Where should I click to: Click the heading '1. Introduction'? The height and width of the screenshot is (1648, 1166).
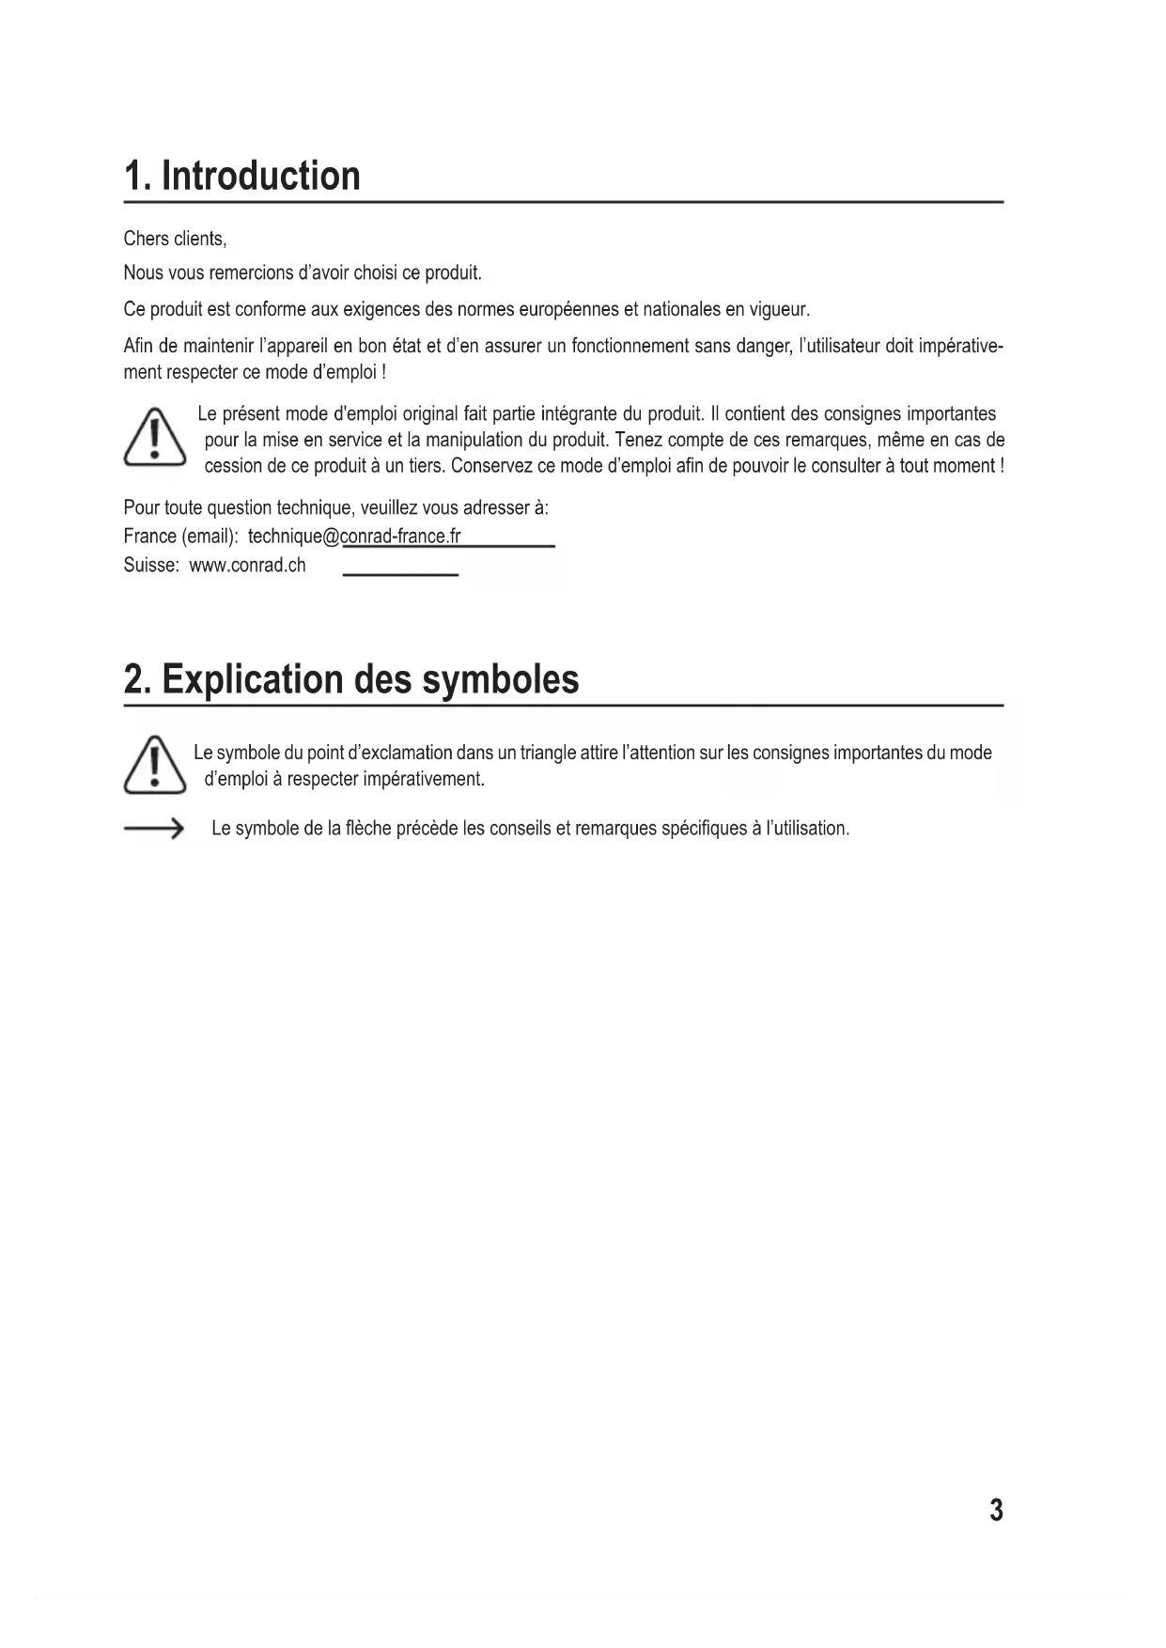[242, 177]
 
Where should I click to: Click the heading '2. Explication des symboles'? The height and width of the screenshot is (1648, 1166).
[351, 679]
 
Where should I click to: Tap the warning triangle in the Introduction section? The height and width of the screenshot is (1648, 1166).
[155, 438]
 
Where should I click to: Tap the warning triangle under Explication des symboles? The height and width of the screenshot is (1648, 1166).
[154, 763]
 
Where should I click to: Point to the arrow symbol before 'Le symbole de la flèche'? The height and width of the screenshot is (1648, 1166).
[154, 829]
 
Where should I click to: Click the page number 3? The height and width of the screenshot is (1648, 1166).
[996, 1510]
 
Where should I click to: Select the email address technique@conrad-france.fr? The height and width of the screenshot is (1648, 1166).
[354, 536]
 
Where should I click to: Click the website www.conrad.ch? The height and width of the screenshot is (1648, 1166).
[247, 566]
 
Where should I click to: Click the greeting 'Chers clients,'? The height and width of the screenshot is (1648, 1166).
[175, 239]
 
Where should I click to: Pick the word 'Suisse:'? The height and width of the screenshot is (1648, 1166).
[151, 566]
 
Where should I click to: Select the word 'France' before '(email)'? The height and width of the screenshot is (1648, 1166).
[149, 536]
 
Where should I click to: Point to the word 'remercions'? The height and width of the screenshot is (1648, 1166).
[242, 273]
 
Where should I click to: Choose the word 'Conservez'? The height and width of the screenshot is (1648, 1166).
[496, 466]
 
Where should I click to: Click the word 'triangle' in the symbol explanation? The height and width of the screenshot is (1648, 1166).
[550, 753]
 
